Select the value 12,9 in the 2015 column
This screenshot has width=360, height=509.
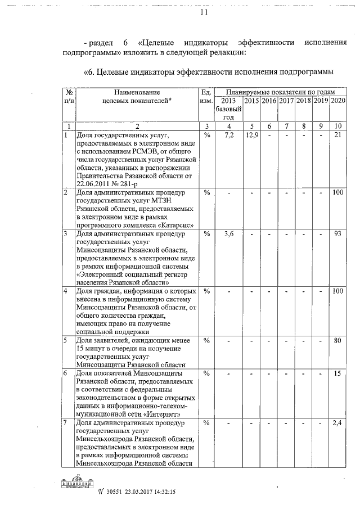[251, 136]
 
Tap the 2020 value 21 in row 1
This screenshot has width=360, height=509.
[338, 136]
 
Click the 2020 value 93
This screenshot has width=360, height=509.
[338, 233]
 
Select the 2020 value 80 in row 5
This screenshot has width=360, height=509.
[338, 340]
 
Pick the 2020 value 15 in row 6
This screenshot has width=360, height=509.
[338, 373]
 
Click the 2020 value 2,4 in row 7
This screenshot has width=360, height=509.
[338, 422]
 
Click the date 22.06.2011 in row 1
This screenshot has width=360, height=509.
[97, 183]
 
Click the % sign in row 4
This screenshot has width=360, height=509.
[206, 291]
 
